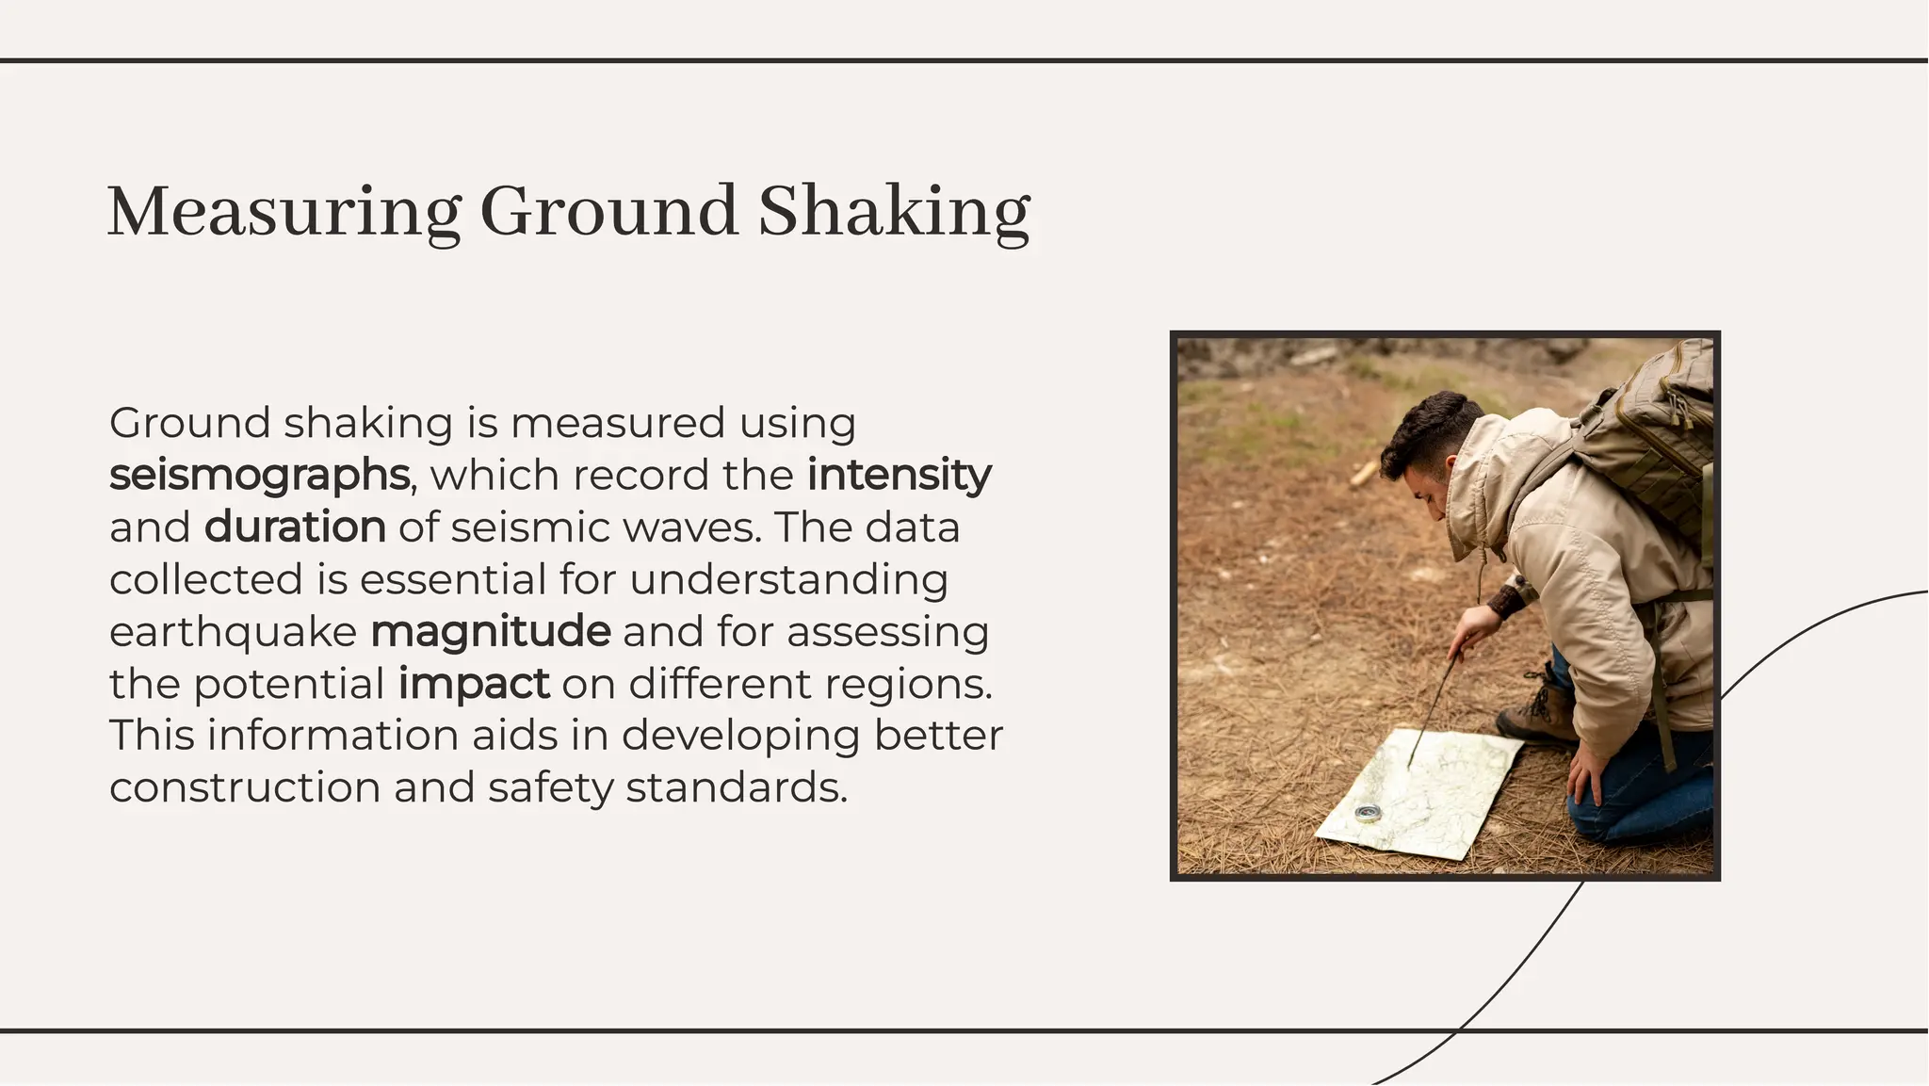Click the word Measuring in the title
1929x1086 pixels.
[x=284, y=212]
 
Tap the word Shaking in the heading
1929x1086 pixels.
[x=894, y=212]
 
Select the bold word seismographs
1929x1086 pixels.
[x=260, y=475]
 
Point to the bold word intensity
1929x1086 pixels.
[x=899, y=474]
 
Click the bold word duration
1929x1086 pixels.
[x=295, y=527]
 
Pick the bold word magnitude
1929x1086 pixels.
[x=491, y=631]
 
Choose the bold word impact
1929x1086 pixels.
[x=474, y=684]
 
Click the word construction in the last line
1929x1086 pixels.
[x=245, y=787]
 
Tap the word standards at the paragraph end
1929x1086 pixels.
[x=736, y=787]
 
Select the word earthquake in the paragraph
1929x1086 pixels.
[x=233, y=632]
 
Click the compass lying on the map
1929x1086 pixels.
[x=1368, y=812]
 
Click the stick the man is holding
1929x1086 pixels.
[x=1433, y=707]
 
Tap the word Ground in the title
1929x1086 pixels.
[x=608, y=212]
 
